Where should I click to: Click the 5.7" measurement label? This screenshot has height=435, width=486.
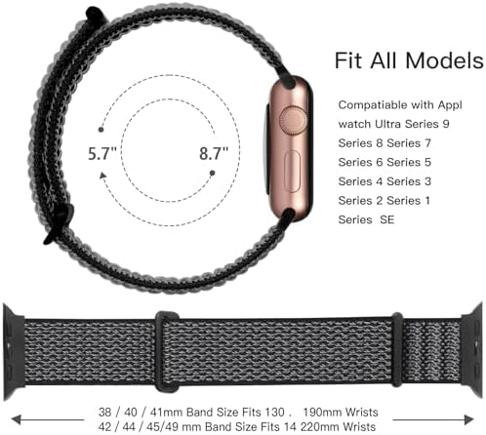tap(102, 153)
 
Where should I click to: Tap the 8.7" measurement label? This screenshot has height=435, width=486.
tap(214, 153)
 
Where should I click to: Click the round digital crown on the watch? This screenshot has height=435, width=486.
tap(293, 121)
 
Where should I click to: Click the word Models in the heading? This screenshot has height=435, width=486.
tap(444, 60)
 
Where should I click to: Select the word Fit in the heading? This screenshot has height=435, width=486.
tap(348, 60)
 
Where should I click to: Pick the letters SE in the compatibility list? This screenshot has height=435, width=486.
tap(387, 219)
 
